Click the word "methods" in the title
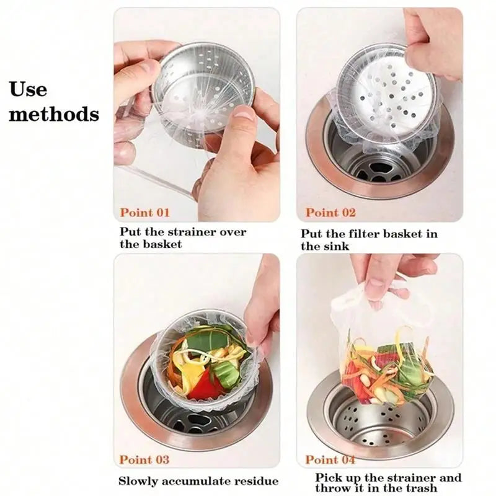click(x=54, y=114)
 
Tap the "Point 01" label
click(x=144, y=213)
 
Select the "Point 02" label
click(x=330, y=213)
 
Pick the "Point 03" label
click(x=144, y=459)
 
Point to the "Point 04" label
click(x=330, y=459)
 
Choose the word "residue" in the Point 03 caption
click(x=256, y=481)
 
